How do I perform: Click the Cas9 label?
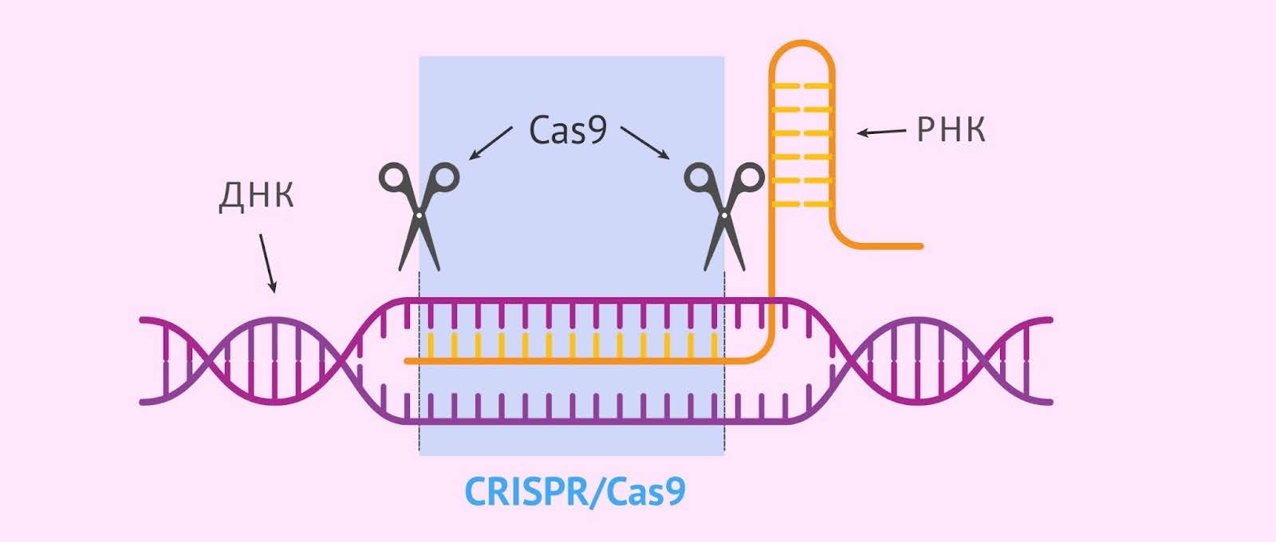point(568,131)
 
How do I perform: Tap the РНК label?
point(951,130)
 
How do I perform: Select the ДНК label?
point(256,195)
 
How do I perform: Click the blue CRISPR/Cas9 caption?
point(574,493)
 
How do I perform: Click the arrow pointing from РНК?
point(881,132)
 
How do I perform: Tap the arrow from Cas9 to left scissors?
point(490,143)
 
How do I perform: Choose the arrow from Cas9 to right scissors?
point(645,143)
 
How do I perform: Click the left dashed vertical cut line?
point(419,359)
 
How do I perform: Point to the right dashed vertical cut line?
point(724,359)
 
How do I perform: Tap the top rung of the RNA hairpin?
point(801,84)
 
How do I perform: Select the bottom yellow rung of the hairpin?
point(801,205)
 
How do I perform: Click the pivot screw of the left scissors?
point(419,214)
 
